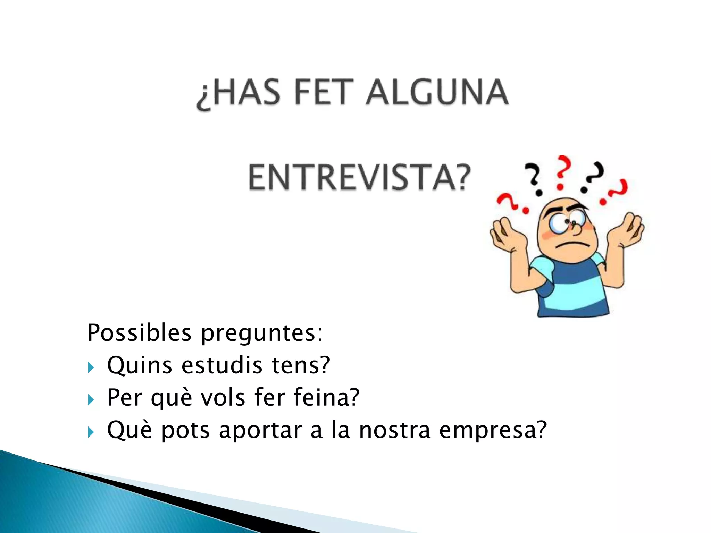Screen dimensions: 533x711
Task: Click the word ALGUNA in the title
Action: click(x=437, y=92)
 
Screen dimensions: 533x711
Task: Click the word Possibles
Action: click(x=139, y=333)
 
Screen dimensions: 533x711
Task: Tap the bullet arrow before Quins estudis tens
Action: click(x=91, y=367)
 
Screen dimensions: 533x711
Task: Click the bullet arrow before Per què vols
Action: click(x=91, y=400)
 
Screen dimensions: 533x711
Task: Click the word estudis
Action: click(x=222, y=365)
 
